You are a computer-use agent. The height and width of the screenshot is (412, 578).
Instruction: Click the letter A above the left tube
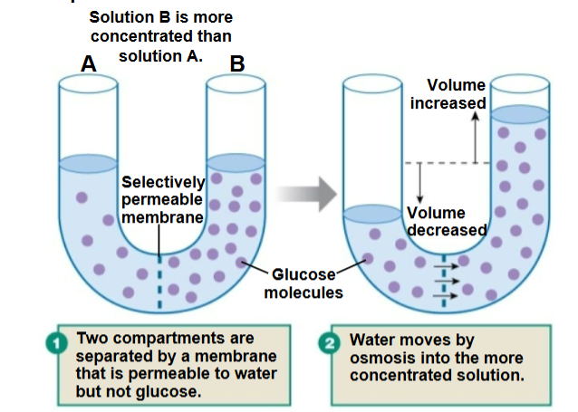point(88,64)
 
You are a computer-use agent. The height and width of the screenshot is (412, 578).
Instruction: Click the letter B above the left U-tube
point(237,64)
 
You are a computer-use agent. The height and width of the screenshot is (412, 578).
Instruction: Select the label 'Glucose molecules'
point(303,283)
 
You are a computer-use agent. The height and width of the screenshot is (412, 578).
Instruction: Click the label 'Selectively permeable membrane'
point(163,200)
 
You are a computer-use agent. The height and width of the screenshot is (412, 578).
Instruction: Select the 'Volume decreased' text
point(446,222)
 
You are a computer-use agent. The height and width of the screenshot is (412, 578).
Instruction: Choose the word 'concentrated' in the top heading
point(160,36)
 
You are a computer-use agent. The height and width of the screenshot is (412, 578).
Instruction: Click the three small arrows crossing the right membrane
point(444,281)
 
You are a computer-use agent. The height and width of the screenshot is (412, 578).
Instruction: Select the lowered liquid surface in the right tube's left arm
point(371,214)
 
